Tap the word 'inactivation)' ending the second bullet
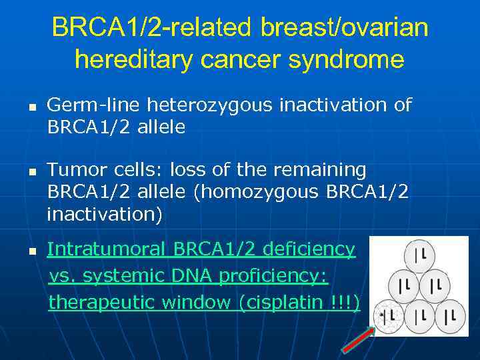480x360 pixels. tap(105, 214)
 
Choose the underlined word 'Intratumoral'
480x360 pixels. tap(107, 249)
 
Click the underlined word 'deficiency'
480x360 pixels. tap(309, 249)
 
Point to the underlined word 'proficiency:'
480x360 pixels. tap(277, 276)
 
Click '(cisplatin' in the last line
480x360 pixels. tap(283, 303)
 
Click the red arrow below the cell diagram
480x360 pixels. tap(357, 337)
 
